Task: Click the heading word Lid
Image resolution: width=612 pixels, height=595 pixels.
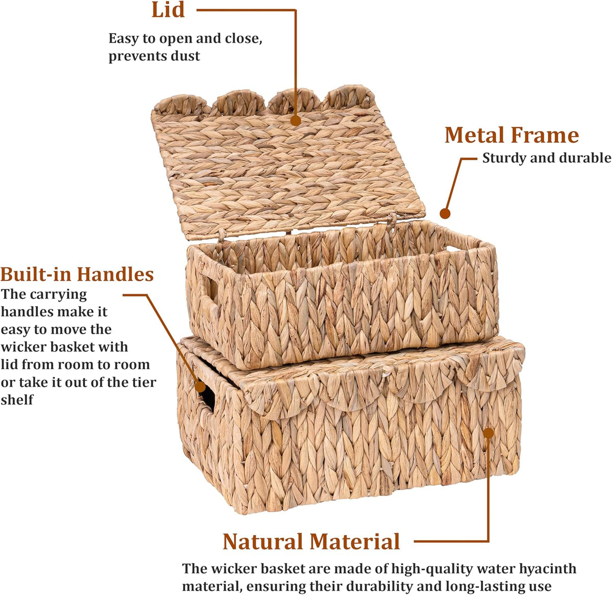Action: tap(168, 10)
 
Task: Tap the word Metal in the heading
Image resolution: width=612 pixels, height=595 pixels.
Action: tap(474, 136)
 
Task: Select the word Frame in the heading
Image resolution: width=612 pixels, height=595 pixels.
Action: tap(545, 136)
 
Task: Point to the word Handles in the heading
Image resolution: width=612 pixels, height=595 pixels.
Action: tap(115, 274)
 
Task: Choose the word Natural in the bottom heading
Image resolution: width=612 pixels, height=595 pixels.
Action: tap(263, 542)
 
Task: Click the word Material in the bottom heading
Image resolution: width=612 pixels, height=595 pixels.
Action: tap(354, 542)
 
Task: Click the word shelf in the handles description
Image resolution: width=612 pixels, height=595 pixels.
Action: tap(17, 400)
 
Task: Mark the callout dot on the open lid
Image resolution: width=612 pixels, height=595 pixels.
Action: tap(296, 121)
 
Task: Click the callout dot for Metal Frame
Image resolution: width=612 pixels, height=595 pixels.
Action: tap(445, 214)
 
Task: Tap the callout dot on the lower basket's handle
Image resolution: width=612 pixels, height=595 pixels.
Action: tap(200, 386)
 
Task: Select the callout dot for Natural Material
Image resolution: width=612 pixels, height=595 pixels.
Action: tap(488, 433)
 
